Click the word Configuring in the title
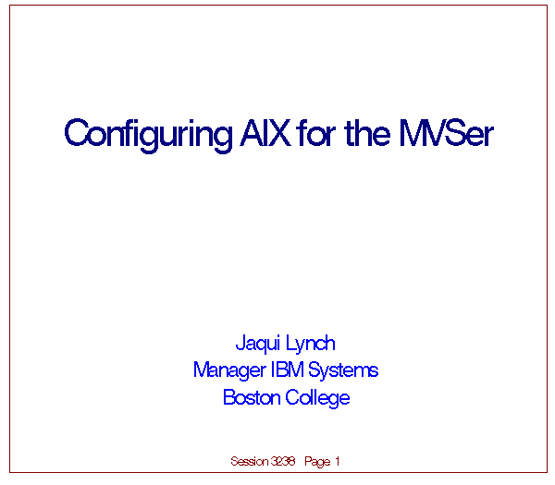tap(148, 136)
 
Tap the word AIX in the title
tap(265, 133)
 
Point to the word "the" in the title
tap(367, 132)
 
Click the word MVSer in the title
tap(447, 132)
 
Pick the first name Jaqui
tap(258, 344)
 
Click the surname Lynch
tap(311, 344)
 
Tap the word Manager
tap(229, 370)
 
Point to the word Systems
tap(343, 370)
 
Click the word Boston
tap(252, 397)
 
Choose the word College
tap(317, 398)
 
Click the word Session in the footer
tap(250, 461)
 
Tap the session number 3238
tap(283, 461)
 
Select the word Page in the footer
tap(317, 462)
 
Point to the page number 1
tap(338, 461)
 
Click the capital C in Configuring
tap(75, 133)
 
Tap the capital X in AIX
tap(279, 133)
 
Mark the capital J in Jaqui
tap(240, 342)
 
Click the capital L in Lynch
tap(290, 342)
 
